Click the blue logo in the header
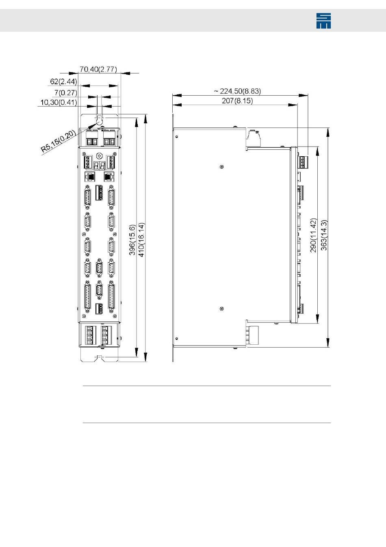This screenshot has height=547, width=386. coord(323,21)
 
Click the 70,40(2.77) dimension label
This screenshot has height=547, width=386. coord(98,69)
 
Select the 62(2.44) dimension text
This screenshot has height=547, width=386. coord(63,81)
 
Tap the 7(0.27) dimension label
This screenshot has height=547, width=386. coord(65,93)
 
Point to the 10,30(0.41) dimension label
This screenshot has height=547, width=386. coord(59,102)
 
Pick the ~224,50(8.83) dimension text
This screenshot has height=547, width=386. coord(237,91)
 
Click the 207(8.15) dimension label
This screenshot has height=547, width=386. coord(237,101)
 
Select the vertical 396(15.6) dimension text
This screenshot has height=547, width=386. coord(132,240)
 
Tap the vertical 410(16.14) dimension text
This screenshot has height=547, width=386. coord(141,240)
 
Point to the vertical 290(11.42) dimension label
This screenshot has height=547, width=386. coord(313,235)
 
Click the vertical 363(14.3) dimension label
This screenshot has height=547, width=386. coord(324,235)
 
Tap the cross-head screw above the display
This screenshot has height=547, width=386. coord(100,156)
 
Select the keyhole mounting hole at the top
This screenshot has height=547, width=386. coord(100,120)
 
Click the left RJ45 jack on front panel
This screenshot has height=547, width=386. coord(90,176)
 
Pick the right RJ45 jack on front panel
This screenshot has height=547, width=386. coord(109,176)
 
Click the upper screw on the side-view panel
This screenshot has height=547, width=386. coord(221,167)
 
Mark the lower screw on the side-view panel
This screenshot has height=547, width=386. coord(221,309)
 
